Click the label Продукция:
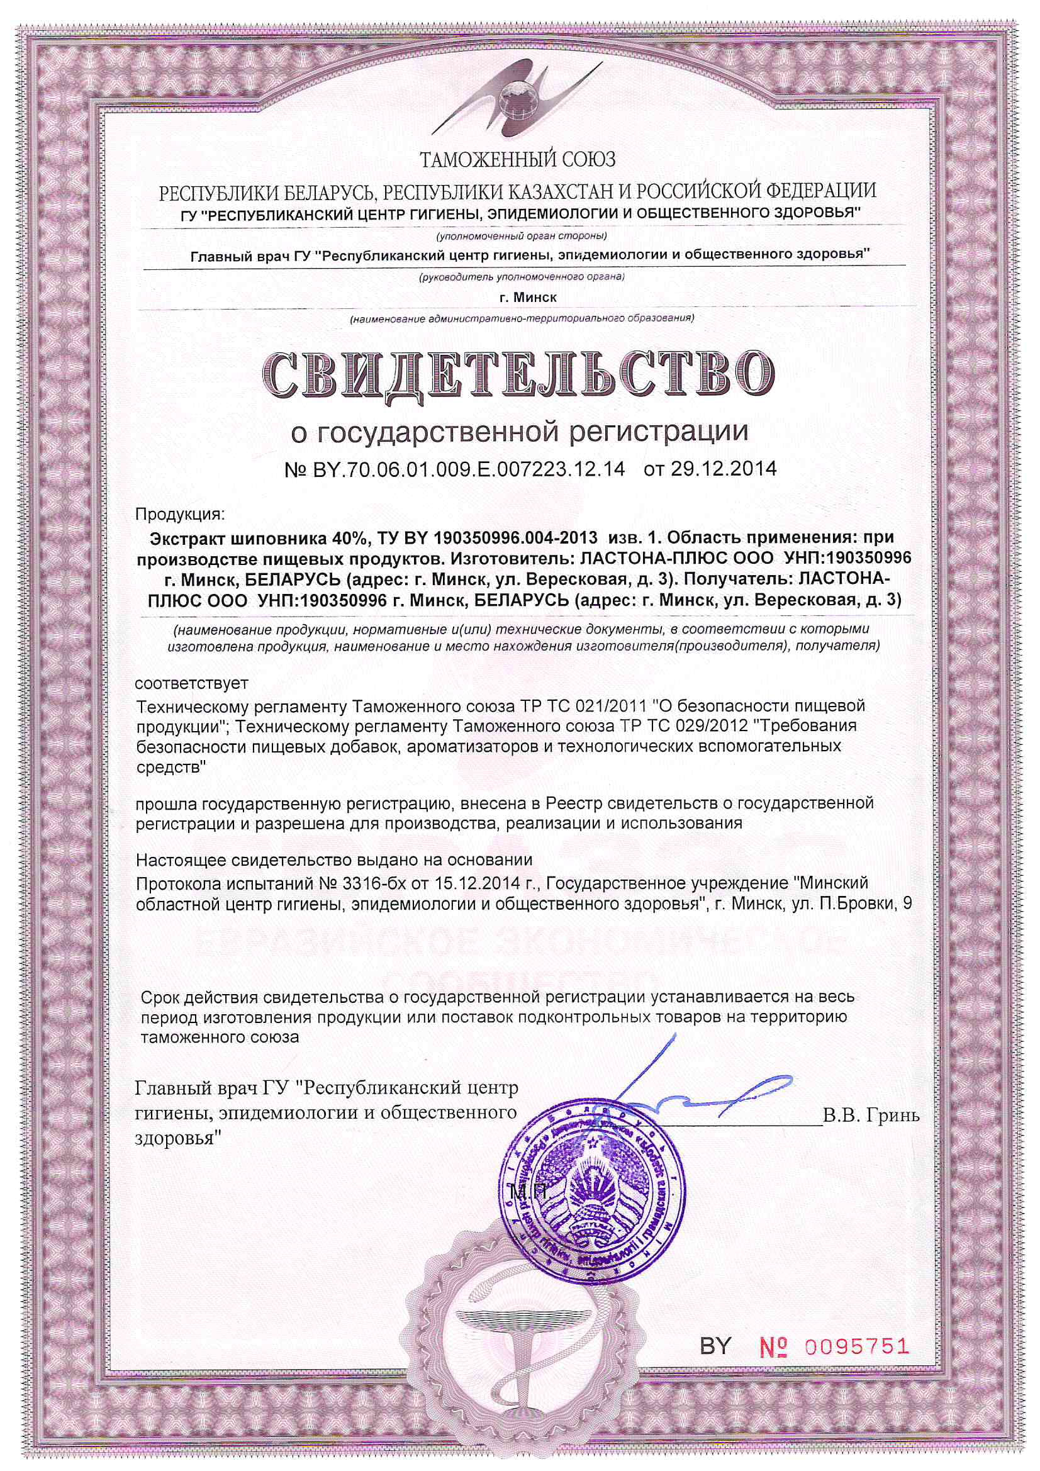[179, 515]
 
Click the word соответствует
[193, 683]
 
